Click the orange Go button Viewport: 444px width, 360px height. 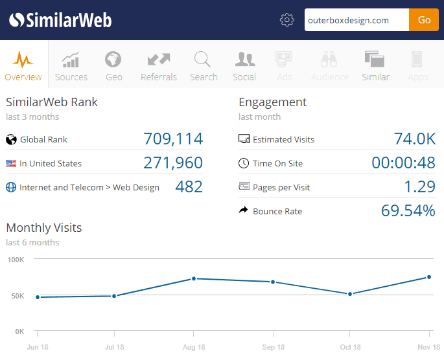pyautogui.click(x=424, y=20)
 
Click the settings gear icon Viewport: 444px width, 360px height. pyautogui.click(x=287, y=20)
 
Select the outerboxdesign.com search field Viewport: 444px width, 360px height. pyautogui.click(x=356, y=20)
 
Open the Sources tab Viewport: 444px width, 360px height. pyautogui.click(x=71, y=67)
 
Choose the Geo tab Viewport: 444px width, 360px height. pyautogui.click(x=114, y=67)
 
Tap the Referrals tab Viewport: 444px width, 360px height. pyautogui.click(x=159, y=67)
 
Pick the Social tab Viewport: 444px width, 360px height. pyautogui.click(x=244, y=67)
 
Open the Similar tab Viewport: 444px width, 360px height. pyautogui.click(x=375, y=67)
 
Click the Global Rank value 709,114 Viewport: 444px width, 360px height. pyautogui.click(x=173, y=139)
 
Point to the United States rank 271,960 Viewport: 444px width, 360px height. pyautogui.click(x=173, y=163)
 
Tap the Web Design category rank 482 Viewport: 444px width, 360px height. pyautogui.click(x=189, y=187)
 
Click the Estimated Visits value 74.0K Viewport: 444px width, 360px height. pyautogui.click(x=415, y=139)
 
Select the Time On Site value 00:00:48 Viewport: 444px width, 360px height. pyautogui.click(x=403, y=163)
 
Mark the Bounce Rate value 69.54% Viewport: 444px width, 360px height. pyautogui.click(x=408, y=211)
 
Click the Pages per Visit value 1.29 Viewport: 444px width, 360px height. pyautogui.click(x=419, y=187)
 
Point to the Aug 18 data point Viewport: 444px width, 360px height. pyautogui.click(x=193, y=279)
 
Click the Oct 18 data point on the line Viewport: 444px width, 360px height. pyautogui.click(x=350, y=294)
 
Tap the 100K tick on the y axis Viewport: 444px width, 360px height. pyautogui.click(x=16, y=260)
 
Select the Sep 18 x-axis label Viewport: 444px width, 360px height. pyautogui.click(x=272, y=348)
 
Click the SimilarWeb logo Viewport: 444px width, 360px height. pyautogui.click(x=60, y=20)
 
